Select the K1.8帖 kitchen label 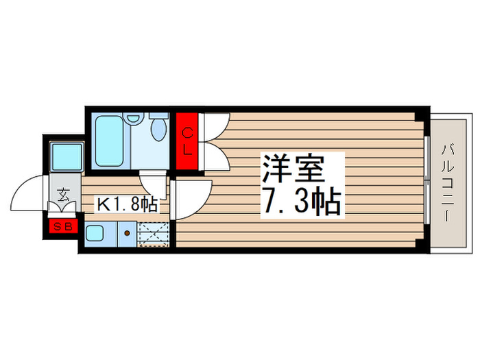click(x=128, y=204)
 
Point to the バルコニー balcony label click(x=449, y=181)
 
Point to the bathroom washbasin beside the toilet click(x=135, y=118)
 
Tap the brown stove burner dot click(x=127, y=233)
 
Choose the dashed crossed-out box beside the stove click(x=152, y=234)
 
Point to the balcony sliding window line click(x=427, y=180)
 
